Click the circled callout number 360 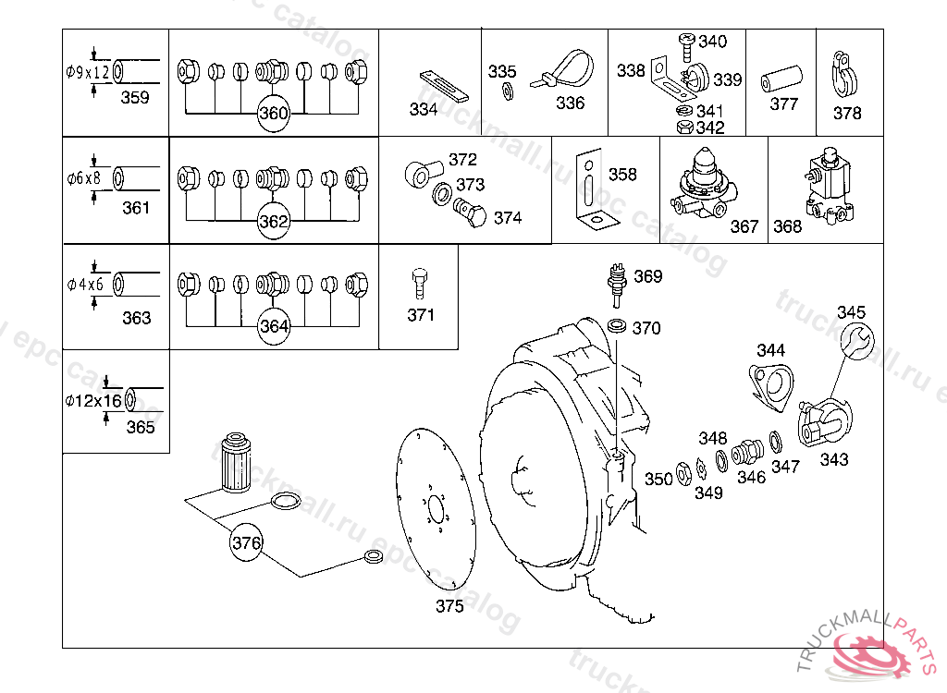[273, 113]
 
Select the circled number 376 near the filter [246, 542]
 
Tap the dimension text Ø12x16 [94, 400]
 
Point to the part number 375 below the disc [450, 605]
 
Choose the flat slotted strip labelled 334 [445, 86]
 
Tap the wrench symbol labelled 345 [857, 340]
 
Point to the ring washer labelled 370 [616, 326]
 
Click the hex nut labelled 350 [683, 474]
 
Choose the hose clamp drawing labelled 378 [845, 74]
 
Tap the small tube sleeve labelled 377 [781, 79]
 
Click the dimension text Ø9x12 [88, 73]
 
